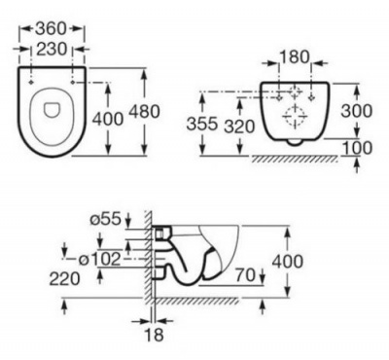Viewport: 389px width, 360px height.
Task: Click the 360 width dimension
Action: [51, 29]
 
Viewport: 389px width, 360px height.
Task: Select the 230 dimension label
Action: [52, 50]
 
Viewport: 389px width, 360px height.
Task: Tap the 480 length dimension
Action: [145, 111]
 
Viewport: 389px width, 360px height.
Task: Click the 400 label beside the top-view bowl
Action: [108, 119]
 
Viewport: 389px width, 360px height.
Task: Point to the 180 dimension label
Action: [295, 57]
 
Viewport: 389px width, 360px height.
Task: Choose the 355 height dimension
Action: [201, 124]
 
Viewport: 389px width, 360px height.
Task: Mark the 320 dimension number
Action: [239, 126]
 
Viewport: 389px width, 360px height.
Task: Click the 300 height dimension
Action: [357, 111]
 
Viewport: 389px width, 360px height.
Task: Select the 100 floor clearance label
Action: [357, 148]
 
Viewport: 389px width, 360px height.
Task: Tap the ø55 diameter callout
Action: [106, 220]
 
